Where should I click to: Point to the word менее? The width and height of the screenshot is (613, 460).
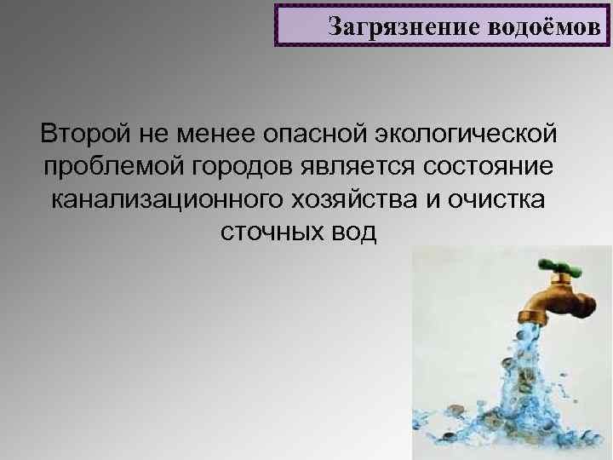209,135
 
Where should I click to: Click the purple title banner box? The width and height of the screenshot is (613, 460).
443,26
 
